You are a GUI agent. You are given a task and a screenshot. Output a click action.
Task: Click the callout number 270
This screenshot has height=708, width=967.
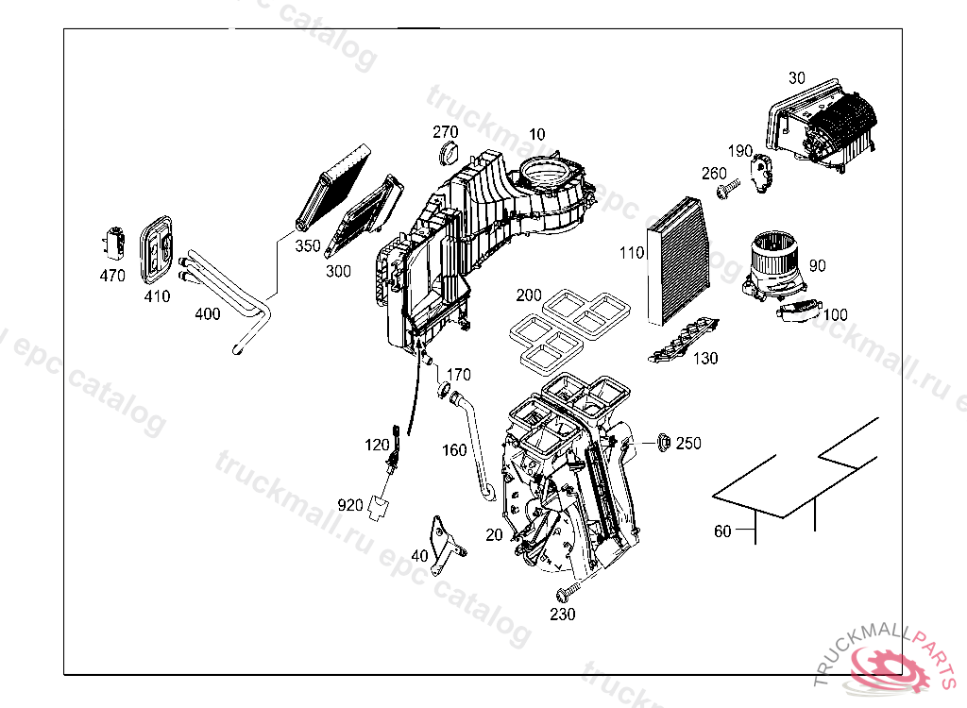[446, 131]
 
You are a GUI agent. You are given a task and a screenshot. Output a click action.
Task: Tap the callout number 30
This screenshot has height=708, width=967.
[797, 78]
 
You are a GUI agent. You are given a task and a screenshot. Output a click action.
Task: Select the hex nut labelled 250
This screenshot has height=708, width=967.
[662, 441]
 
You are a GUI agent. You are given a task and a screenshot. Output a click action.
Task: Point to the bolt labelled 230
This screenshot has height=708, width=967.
[566, 593]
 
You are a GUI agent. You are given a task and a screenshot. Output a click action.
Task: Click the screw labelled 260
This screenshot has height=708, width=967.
[725, 192]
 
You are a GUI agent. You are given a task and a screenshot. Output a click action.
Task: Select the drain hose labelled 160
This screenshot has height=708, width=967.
[476, 444]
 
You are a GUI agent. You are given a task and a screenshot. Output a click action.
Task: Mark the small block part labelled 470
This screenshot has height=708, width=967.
[115, 244]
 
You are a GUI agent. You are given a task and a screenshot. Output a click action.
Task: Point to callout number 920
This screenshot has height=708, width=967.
[350, 505]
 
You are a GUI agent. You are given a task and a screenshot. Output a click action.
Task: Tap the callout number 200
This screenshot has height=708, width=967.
[529, 295]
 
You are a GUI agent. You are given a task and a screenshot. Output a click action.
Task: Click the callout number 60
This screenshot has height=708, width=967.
[722, 531]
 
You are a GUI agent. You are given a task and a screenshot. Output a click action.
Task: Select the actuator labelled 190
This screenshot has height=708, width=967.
[761, 175]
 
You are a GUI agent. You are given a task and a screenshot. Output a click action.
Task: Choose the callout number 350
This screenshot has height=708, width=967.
[308, 245]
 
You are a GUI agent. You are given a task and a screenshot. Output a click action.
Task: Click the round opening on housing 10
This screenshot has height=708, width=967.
[547, 174]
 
